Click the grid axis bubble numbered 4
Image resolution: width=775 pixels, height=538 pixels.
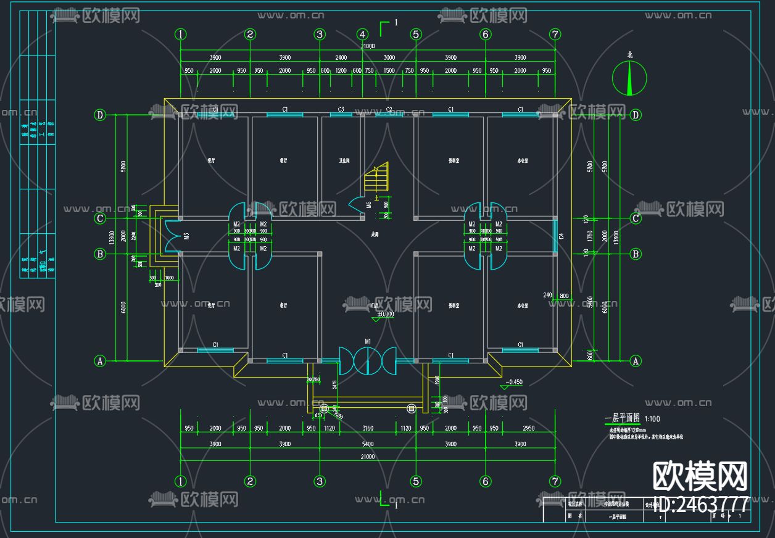pos(363,35)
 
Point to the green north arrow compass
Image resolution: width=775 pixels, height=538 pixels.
pos(629,78)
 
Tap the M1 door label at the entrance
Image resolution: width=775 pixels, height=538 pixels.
pos(368,341)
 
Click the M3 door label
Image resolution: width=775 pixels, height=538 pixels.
pos(186,236)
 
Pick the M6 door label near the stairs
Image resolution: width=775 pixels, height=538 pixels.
pos(368,205)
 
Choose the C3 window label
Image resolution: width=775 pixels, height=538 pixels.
pos(341,109)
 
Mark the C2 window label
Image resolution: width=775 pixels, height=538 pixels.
pos(389,109)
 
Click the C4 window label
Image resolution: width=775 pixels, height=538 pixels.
pos(561,236)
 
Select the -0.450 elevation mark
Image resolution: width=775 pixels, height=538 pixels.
pos(513,383)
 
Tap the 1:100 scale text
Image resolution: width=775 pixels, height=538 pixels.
pos(652,419)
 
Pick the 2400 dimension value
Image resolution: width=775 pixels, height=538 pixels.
pos(341,57)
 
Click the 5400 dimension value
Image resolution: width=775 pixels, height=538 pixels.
pos(367,444)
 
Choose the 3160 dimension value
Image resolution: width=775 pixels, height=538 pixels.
pos(367,428)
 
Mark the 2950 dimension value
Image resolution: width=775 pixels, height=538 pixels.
pos(528,428)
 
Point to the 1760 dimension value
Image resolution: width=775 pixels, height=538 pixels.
pos(590,236)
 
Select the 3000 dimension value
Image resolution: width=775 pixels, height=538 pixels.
pos(389,57)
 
